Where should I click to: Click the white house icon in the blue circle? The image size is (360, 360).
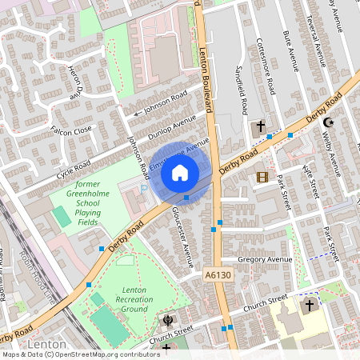click(x=180, y=172)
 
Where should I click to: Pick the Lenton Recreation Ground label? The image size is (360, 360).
click(x=135, y=299)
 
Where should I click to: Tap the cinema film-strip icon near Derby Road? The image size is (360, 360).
click(x=263, y=176)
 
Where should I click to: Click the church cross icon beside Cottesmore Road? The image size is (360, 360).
click(x=259, y=128)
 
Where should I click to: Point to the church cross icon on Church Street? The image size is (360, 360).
click(x=310, y=306)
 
